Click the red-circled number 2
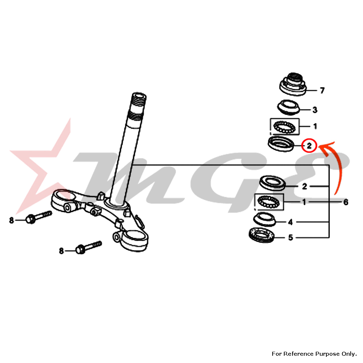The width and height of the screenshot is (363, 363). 309,146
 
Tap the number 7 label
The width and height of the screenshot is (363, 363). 322,90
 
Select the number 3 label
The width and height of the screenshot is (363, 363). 315,110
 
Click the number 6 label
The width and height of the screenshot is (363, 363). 346,202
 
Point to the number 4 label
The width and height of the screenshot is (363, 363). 290,222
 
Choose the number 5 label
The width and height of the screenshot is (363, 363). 290,237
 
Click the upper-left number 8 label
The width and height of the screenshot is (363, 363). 11,220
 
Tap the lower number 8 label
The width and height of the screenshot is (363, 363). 61,251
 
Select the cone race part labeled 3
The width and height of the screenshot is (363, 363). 289,107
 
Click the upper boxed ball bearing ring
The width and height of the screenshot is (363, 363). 285,127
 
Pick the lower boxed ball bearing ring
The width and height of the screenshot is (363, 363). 269,201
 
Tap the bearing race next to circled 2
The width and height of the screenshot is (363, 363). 281,144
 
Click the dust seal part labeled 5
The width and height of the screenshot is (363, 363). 262,235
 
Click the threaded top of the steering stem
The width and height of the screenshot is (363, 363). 138,106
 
